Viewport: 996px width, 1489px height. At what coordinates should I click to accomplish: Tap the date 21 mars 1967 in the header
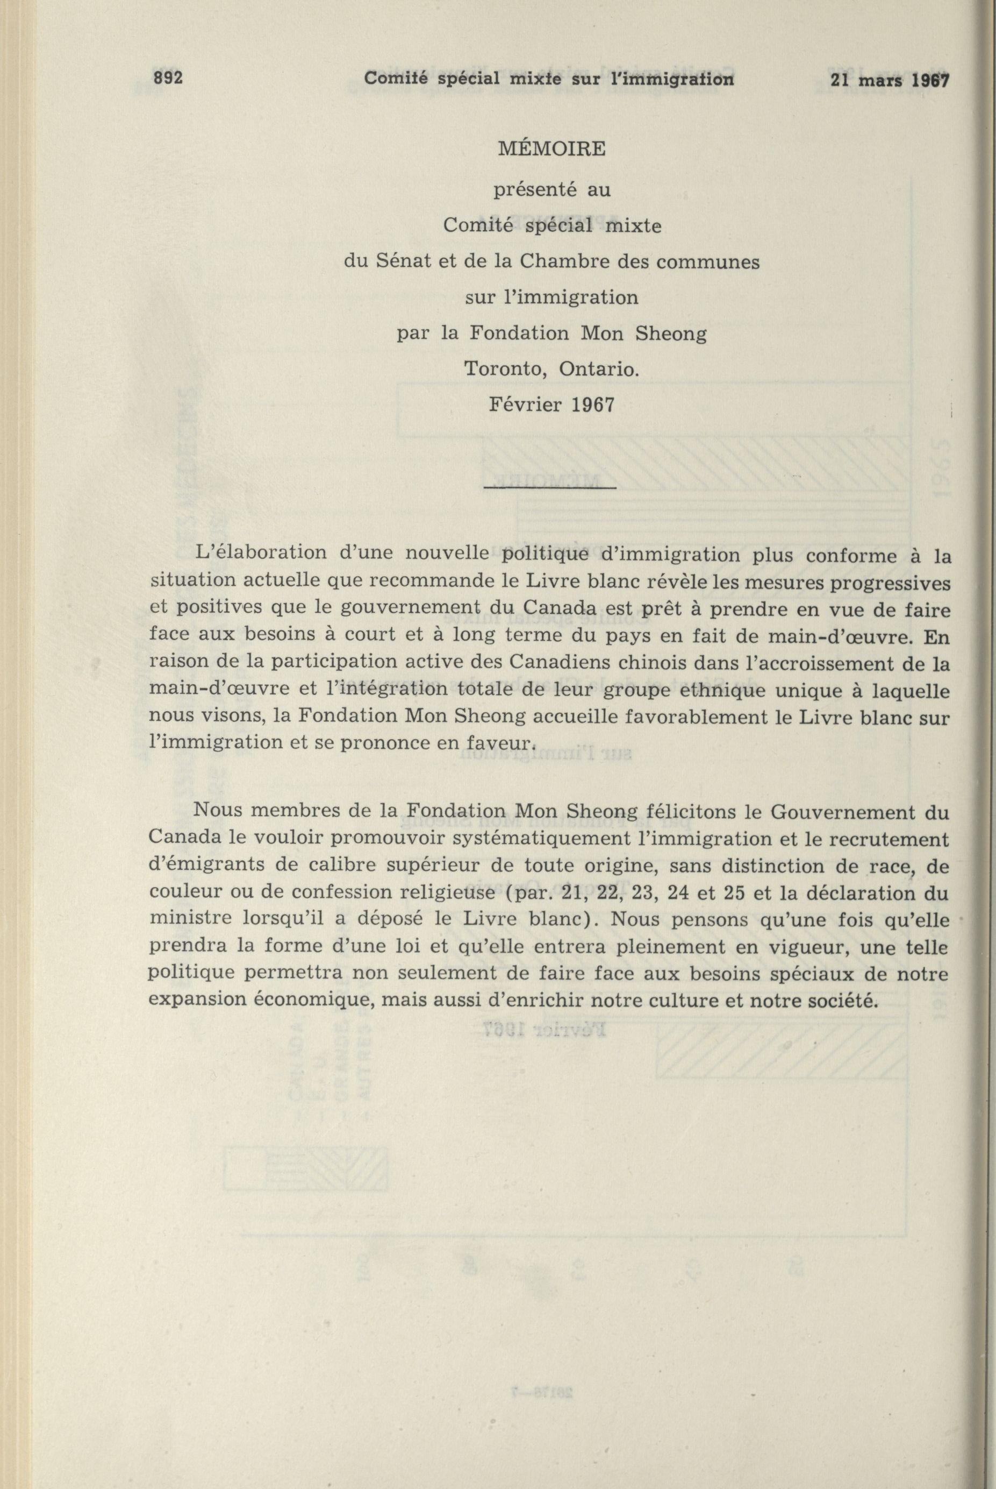pos(888,80)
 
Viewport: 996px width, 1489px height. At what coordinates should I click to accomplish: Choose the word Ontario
pos(599,368)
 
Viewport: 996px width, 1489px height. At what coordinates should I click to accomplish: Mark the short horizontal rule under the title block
pos(549,488)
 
